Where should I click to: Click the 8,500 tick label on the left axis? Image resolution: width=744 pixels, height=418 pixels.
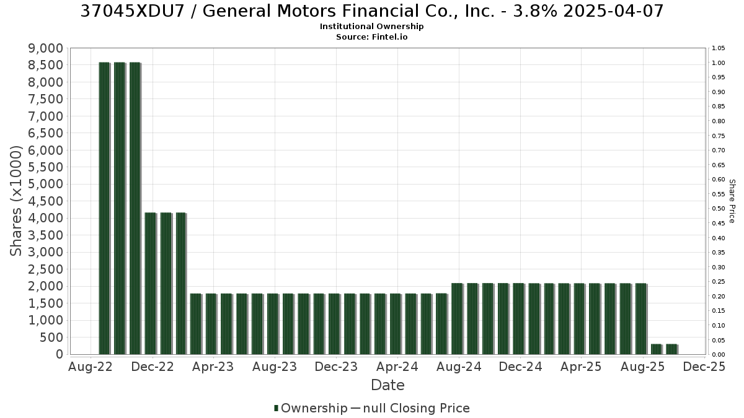(45, 65)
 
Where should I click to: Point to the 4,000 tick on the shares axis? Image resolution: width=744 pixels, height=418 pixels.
(45, 218)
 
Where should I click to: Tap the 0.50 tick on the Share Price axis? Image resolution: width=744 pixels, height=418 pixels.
(719, 209)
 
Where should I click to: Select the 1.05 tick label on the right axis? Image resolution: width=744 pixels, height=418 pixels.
(719, 48)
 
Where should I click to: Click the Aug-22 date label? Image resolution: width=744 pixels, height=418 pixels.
(91, 367)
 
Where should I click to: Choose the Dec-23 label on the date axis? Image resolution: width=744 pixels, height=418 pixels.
(336, 367)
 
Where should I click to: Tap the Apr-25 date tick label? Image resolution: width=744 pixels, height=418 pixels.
(581, 367)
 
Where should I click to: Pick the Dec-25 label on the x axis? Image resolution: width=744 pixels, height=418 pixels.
(704, 367)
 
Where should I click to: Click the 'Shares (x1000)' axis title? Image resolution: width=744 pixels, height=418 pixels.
(16, 201)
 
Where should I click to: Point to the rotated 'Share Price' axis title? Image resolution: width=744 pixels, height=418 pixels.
(732, 201)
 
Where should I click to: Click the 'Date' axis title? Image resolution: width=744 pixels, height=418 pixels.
(387, 385)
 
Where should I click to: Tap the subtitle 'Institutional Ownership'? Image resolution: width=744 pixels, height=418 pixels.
(371, 27)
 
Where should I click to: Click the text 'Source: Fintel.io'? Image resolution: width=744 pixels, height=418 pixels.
(371, 37)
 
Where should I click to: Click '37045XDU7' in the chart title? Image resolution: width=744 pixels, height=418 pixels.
(132, 11)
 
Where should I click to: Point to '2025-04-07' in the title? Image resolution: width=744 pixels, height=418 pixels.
(613, 11)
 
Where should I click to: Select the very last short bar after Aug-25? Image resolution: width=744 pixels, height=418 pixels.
(671, 349)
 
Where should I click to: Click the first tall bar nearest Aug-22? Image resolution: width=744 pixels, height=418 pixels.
(104, 208)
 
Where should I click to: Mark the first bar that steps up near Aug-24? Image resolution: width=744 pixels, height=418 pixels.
(457, 319)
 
